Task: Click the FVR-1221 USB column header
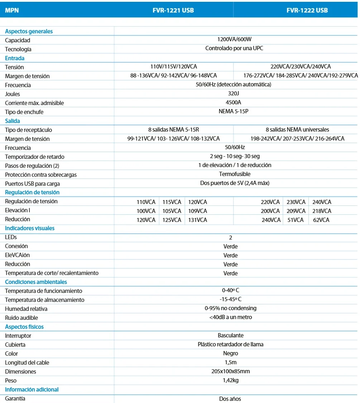tap(173, 10)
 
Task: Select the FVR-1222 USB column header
tap(307, 10)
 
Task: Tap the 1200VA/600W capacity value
tap(234, 39)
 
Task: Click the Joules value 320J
tap(234, 93)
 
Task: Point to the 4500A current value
tap(234, 102)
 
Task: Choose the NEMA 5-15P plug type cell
tap(234, 111)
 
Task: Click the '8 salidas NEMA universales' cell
tap(297, 129)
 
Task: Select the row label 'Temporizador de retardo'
tap(35, 157)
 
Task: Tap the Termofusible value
tap(235, 174)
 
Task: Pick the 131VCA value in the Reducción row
tap(197, 220)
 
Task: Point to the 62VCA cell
tap(321, 220)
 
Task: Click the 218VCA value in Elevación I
tap(322, 211)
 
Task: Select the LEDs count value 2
tap(231, 237)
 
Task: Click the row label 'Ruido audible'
tap(21, 318)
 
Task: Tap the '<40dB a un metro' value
tap(231, 317)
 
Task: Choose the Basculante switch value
tap(231, 335)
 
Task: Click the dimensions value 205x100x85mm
tap(231, 371)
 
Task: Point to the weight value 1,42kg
tap(231, 380)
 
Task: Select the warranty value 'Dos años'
tap(230, 398)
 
